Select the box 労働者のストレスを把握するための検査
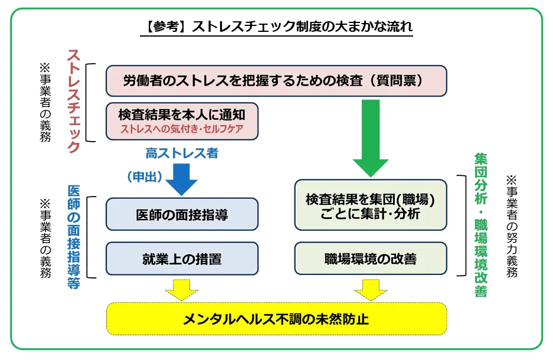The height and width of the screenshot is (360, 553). (276, 81)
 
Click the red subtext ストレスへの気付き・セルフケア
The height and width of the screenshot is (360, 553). (182, 128)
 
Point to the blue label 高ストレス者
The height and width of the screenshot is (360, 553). (182, 153)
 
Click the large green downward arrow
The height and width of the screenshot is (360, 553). (370, 137)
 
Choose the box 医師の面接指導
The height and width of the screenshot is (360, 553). (182, 214)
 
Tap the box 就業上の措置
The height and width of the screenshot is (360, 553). (182, 258)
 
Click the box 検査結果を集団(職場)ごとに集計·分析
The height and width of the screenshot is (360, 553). (370, 205)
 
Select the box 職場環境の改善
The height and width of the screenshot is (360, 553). (370, 258)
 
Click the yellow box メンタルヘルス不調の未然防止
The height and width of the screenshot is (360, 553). (276, 319)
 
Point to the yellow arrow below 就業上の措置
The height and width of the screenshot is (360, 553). (182, 289)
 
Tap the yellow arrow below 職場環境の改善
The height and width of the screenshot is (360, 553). (370, 289)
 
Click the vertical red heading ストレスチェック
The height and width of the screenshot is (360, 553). (74, 101)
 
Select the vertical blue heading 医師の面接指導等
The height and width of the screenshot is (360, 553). (74, 236)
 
